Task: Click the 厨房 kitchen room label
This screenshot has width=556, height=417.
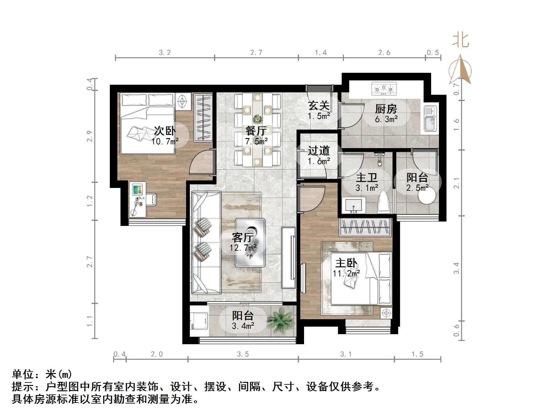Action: pos(386,109)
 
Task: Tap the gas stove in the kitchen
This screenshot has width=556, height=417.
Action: pos(384,88)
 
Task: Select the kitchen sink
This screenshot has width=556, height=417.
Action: pos(430,119)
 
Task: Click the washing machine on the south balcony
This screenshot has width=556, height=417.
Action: pos(199,320)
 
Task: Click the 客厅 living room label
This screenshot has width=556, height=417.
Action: pos(243,237)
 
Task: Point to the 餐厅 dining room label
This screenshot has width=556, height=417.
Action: pos(256,131)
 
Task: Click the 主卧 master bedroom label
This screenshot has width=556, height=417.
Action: pos(346,263)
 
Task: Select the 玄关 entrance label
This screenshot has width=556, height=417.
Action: pos(319,106)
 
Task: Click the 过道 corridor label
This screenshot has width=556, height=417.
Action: pos(318,151)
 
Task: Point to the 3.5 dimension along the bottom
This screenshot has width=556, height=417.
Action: pos(243,354)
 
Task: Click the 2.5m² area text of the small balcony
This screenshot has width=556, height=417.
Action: pos(417,188)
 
